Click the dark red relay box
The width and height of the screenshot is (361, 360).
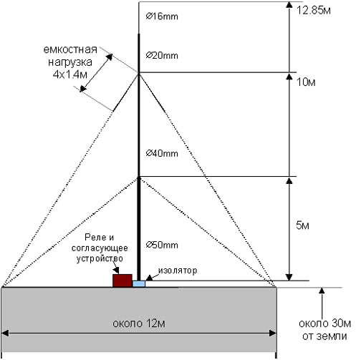click(x=122, y=281)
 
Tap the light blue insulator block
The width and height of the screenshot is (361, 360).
click(x=139, y=283)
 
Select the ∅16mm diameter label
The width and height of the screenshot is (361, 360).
click(x=162, y=16)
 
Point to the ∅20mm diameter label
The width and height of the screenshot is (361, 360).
click(x=162, y=56)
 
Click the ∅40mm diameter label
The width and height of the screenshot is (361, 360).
click(x=162, y=153)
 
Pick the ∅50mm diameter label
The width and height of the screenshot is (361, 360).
click(x=162, y=245)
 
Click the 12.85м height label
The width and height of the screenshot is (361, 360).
click(x=314, y=11)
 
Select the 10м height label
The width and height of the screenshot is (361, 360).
click(x=306, y=82)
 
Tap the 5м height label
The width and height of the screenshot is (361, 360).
click(x=302, y=225)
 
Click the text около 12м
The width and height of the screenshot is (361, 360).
click(x=139, y=323)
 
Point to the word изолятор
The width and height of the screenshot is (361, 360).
click(x=178, y=271)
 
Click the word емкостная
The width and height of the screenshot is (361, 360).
click(x=70, y=49)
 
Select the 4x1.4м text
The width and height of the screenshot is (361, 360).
click(x=69, y=74)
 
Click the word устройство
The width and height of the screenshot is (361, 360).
click(x=100, y=258)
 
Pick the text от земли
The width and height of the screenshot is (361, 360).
click(x=324, y=336)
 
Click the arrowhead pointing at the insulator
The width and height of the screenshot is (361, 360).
click(x=149, y=278)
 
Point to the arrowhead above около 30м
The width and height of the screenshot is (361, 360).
click(x=322, y=291)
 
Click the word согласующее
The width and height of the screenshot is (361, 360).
click(x=100, y=248)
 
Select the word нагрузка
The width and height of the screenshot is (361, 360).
click(x=70, y=62)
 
